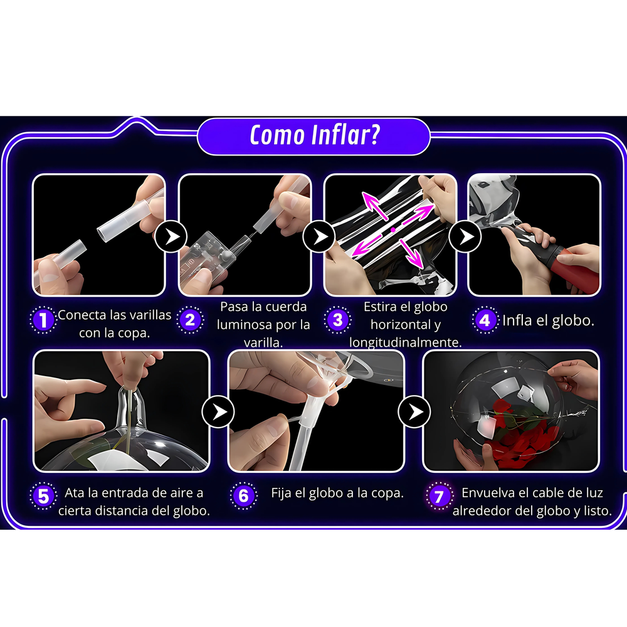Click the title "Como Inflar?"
click(314, 135)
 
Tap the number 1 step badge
click(43, 320)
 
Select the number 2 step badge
click(190, 320)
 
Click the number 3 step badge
click(337, 320)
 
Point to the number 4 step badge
click(485, 320)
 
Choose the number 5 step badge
click(43, 496)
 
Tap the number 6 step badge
click(243, 496)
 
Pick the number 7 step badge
click(439, 496)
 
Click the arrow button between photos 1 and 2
click(171, 236)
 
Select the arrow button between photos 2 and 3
click(319, 236)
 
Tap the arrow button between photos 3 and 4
click(465, 236)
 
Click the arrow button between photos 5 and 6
click(218, 411)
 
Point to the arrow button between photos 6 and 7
click(414, 411)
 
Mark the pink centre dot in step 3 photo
click(393, 229)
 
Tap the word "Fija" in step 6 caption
click(282, 493)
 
